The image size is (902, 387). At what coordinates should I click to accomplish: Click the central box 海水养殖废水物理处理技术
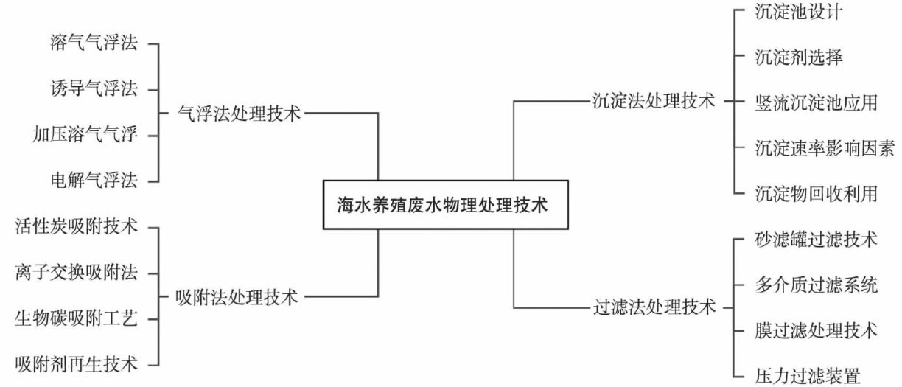point(446,204)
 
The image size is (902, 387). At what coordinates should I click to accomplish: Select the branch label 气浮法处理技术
point(240,114)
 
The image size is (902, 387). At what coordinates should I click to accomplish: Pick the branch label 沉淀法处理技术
point(654,101)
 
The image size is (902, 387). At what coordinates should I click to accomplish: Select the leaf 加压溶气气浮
point(85,135)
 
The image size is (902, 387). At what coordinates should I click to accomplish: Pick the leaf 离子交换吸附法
point(76,273)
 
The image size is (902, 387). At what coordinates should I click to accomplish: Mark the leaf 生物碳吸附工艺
point(76,318)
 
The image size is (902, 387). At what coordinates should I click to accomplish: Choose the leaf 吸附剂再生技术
point(76,363)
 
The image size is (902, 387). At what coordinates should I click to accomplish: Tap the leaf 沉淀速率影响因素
point(825,148)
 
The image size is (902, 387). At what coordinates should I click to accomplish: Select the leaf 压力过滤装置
point(808,376)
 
